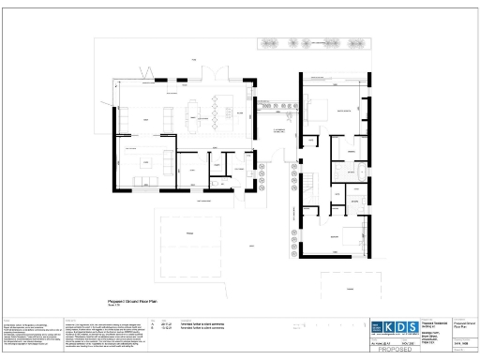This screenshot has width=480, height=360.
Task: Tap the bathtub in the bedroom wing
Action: pyautogui.click(x=360, y=172)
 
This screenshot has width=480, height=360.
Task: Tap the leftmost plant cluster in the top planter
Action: pyautogui.click(x=271, y=42)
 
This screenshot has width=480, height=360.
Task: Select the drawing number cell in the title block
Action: pyautogui.click(x=463, y=343)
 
